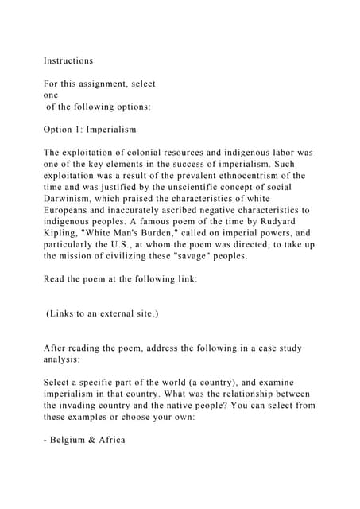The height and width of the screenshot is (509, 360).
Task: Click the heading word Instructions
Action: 68,60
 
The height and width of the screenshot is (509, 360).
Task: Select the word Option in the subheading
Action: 60,129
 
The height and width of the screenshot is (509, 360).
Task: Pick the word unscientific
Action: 203,187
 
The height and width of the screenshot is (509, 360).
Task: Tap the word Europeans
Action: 72,210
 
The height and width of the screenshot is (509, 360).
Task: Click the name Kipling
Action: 64,233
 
